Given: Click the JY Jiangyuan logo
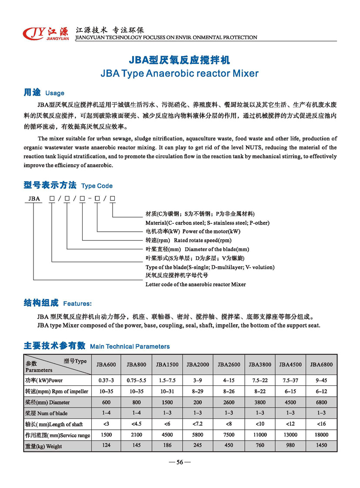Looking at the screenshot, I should point(45,33).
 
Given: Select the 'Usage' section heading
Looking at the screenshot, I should point(54,93).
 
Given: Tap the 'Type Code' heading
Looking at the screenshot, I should point(97,186).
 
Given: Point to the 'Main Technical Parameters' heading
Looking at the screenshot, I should point(130,347).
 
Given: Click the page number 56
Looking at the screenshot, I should point(180,462).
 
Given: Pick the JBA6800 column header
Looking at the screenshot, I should point(321,364).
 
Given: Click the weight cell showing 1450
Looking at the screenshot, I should point(321,445).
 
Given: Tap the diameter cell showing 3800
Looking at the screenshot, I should point(260,402).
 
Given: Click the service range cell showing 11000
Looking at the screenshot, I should point(260,435).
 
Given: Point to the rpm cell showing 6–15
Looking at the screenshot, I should point(290,391).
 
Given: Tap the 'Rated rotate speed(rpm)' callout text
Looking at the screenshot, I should point(203,240).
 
